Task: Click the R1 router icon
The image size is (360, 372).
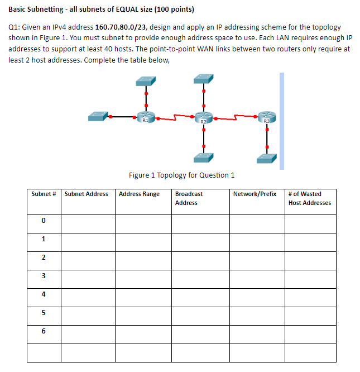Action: pyautogui.click(x=145, y=117)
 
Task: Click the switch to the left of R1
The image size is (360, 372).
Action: pyautogui.click(x=97, y=117)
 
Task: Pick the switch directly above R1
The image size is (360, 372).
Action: pyautogui.click(x=145, y=81)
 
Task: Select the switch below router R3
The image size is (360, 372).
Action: pyautogui.click(x=267, y=159)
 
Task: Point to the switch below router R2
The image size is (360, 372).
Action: pyautogui.click(x=203, y=159)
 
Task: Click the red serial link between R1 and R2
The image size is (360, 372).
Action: pyautogui.click(x=174, y=118)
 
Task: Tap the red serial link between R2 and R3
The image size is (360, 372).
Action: pyautogui.click(x=235, y=118)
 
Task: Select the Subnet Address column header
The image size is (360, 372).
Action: pyautogui.click(x=87, y=194)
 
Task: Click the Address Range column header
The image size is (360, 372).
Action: pyautogui.click(x=139, y=194)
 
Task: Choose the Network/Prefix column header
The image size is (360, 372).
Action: pyautogui.click(x=256, y=194)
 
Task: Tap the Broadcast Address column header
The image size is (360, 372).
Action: pyautogui.click(x=189, y=198)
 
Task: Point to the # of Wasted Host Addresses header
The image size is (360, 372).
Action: pyautogui.click(x=309, y=198)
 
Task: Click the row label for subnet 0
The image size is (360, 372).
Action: pyautogui.click(x=43, y=222)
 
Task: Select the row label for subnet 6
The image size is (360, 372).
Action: pyautogui.click(x=43, y=331)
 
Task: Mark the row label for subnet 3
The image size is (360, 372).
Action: pyautogui.click(x=43, y=276)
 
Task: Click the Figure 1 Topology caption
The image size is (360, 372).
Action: pyautogui.click(x=181, y=175)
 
